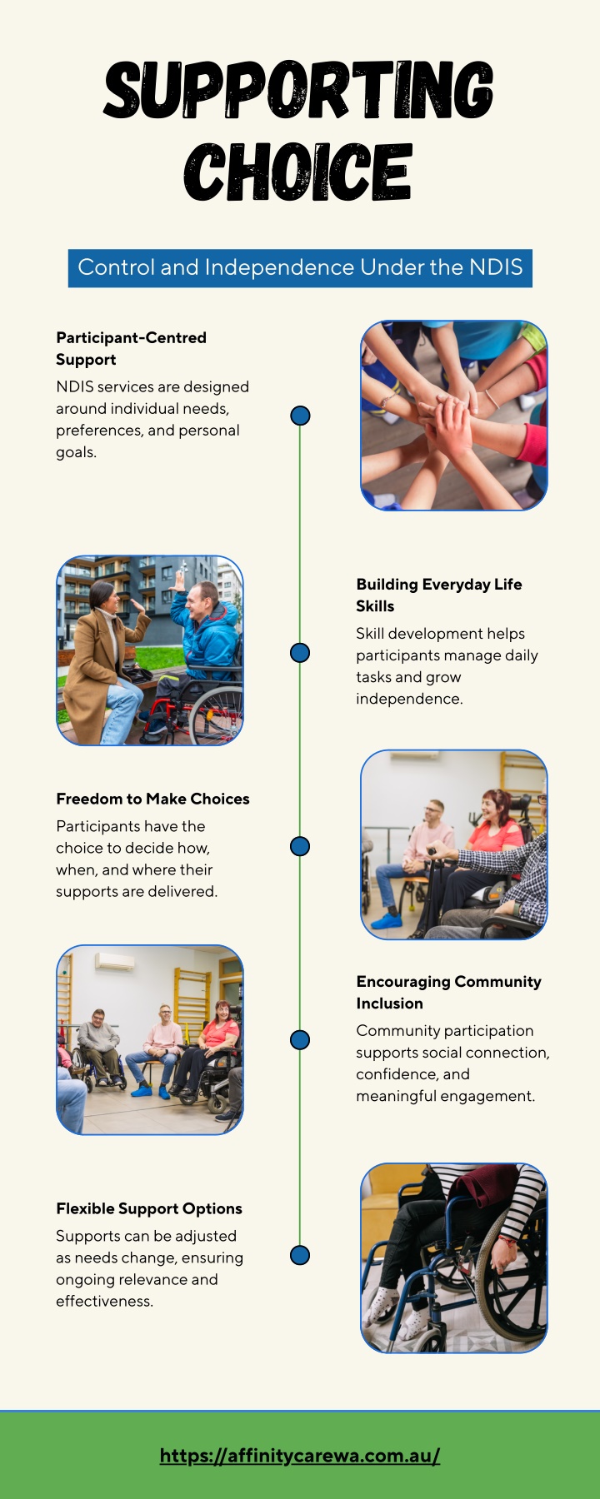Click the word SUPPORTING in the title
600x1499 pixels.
click(x=299, y=90)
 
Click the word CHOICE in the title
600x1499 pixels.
click(x=298, y=172)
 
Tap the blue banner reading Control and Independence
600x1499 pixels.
click(x=300, y=268)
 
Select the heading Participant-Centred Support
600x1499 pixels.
click(x=131, y=348)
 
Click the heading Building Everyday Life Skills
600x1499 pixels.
click(x=439, y=595)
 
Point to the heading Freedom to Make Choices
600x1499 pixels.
click(x=152, y=799)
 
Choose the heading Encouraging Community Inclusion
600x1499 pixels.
click(x=448, y=992)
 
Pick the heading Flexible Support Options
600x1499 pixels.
click(x=149, y=1208)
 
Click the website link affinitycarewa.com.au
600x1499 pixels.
click(x=300, y=1455)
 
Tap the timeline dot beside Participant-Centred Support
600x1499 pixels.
click(x=300, y=415)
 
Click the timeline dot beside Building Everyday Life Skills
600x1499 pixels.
click(x=300, y=652)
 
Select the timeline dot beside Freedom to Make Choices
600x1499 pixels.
click(x=300, y=846)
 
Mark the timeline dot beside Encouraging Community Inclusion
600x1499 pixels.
click(x=300, y=1039)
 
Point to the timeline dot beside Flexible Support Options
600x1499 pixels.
click(x=300, y=1255)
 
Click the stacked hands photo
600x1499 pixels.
click(x=454, y=416)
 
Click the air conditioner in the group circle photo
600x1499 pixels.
click(x=115, y=962)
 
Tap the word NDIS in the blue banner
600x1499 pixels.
click(x=497, y=267)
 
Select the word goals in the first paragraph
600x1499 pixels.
click(x=76, y=452)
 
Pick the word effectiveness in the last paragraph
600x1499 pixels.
click(x=104, y=1301)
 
